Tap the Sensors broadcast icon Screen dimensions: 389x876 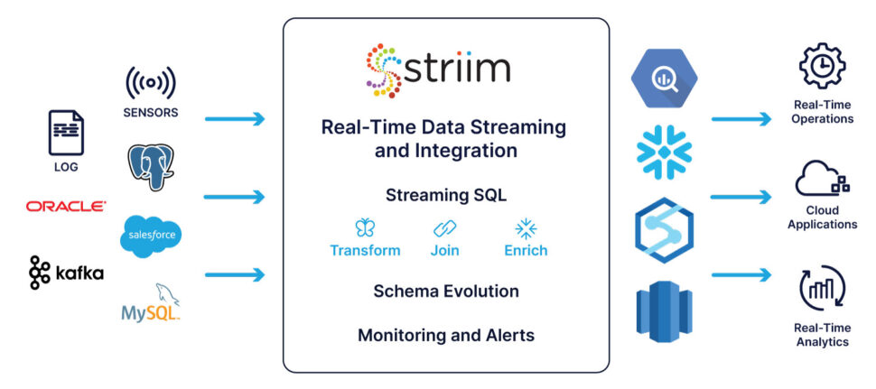point(151,82)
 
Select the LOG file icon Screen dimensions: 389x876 point(66,134)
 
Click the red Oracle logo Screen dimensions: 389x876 point(66,207)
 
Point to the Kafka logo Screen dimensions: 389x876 point(66,272)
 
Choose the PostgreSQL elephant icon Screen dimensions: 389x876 point(151,166)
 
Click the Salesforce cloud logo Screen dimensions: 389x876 point(151,236)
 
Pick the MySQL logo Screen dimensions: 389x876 point(151,304)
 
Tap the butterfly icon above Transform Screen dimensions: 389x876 point(365,227)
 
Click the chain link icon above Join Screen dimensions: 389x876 point(444,227)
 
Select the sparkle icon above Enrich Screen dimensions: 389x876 point(525,227)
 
